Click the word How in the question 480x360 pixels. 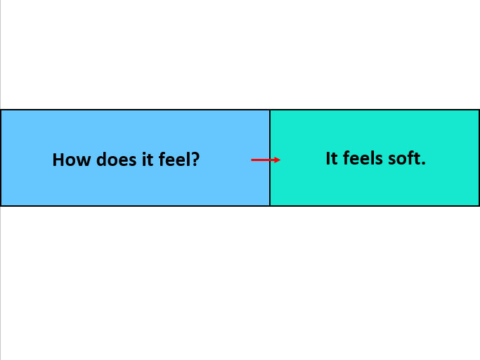point(72,160)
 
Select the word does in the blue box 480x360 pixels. point(117,160)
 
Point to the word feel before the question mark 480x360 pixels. point(172,160)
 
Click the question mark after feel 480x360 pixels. point(193,160)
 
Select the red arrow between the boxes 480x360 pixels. point(266,160)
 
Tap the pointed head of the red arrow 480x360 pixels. point(280,160)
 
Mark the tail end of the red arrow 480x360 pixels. point(252,160)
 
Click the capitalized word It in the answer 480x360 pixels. point(332,158)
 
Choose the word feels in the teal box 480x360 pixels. point(363,158)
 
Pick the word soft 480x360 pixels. point(404,158)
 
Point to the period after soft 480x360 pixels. point(423,164)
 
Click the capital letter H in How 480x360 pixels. point(58,160)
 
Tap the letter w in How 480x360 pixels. point(84,162)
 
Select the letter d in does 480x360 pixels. point(102,160)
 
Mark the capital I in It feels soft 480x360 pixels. point(328,158)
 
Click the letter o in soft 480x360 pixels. point(403,160)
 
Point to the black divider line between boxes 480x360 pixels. point(270,157)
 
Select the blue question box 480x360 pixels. point(135,157)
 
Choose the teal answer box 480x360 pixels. point(375,157)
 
